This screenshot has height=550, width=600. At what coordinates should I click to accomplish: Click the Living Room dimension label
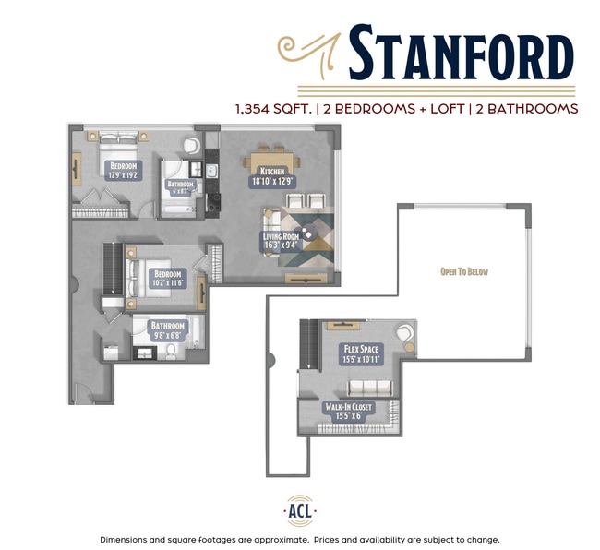coord(281,241)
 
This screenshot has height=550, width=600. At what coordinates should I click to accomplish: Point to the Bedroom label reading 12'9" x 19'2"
coord(123,171)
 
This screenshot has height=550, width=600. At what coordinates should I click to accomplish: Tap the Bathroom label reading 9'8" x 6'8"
coord(168,330)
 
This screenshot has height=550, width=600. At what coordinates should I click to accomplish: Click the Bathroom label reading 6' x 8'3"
coord(181,185)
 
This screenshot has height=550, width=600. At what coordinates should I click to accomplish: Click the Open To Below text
coord(463,271)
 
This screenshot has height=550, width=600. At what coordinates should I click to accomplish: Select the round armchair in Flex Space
coord(404,334)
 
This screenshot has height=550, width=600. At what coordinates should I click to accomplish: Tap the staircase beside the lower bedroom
coord(113,268)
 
